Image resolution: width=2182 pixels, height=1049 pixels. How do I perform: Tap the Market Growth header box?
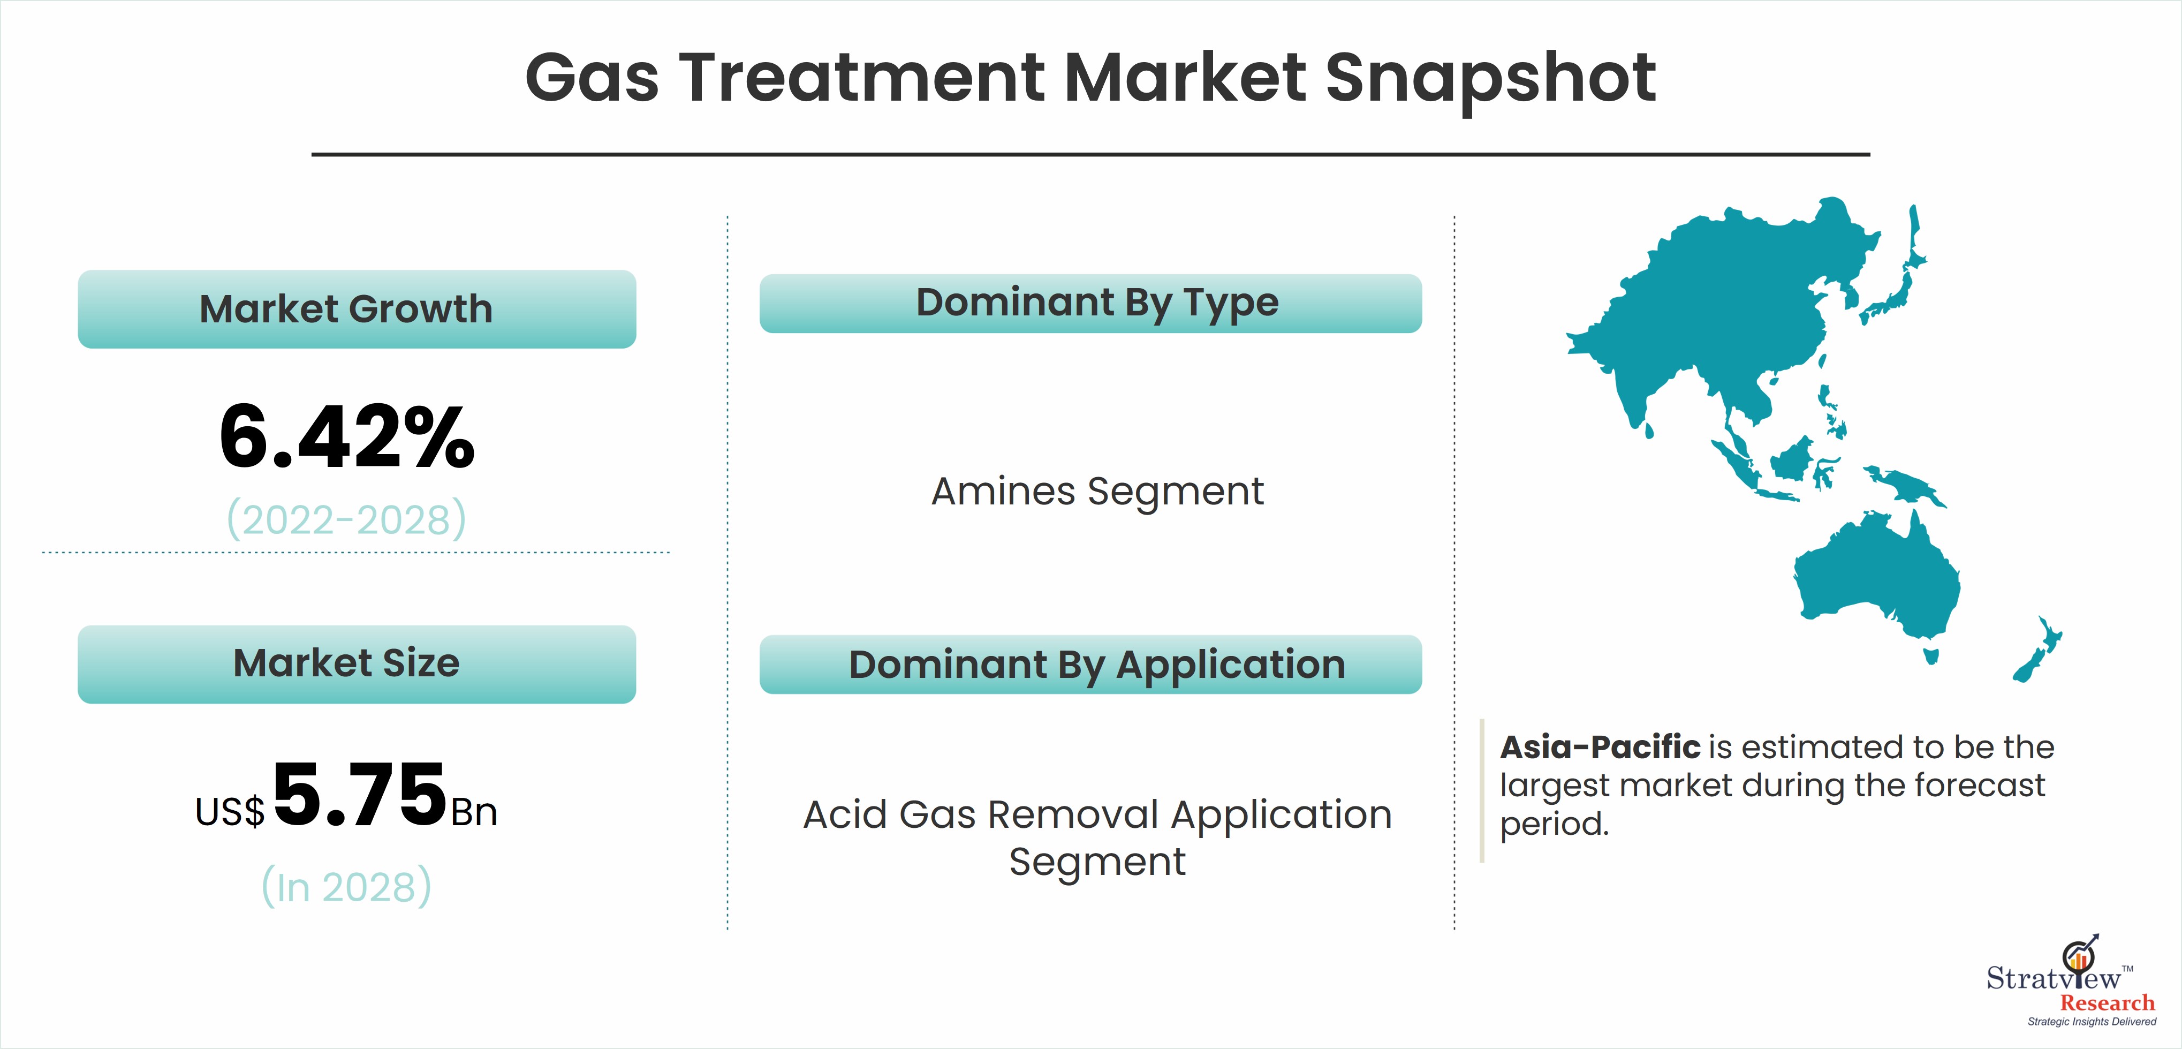(357, 310)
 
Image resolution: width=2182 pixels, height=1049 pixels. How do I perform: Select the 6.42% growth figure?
(347, 436)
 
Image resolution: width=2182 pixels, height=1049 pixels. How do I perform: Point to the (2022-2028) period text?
(346, 519)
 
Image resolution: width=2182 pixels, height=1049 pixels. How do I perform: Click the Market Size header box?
(357, 665)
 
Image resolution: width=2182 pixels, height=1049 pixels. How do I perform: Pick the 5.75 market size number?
(360, 794)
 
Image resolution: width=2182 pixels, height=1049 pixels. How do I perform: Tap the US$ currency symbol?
(230, 812)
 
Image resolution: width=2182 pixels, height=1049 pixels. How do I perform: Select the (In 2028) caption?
(346, 886)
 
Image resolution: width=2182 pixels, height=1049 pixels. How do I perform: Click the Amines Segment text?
(1098, 492)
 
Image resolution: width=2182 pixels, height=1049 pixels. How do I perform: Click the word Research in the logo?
(2108, 1002)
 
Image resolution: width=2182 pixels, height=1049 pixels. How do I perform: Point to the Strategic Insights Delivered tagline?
(2092, 1022)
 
